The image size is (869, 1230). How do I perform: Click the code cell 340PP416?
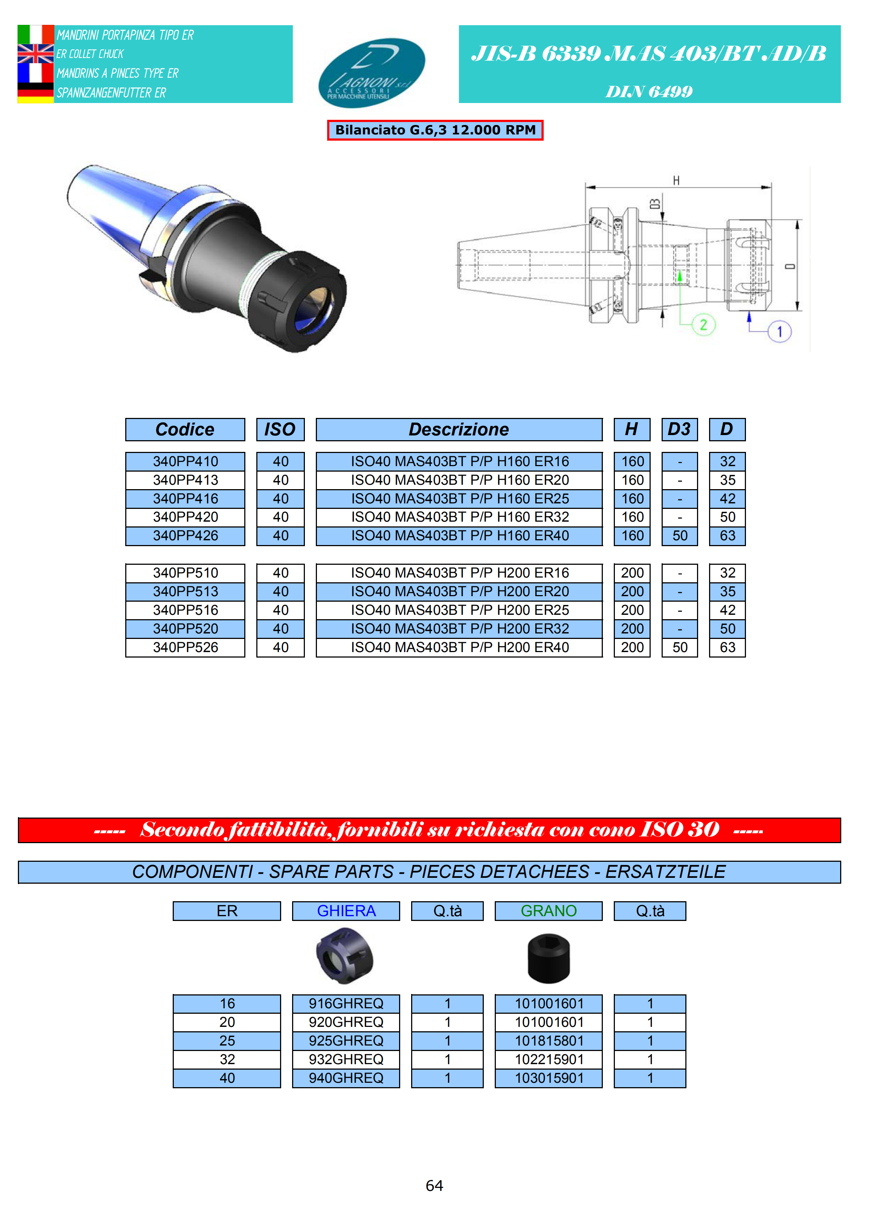[x=185, y=498]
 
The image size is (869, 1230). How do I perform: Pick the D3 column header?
[x=679, y=429]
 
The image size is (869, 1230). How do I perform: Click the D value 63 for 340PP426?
[x=727, y=535]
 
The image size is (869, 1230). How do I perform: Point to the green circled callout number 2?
[x=703, y=325]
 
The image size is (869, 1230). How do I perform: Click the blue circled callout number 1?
[x=779, y=332]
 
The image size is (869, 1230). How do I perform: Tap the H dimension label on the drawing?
[x=676, y=180]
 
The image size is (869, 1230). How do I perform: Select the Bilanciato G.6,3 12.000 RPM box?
[x=435, y=130]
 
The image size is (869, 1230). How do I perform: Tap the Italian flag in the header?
[x=35, y=34]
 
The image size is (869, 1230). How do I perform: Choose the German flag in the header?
[x=35, y=93]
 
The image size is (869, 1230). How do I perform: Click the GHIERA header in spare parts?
[x=346, y=911]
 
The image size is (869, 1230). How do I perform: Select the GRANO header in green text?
[x=548, y=911]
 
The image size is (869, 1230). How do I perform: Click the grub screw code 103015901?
[x=549, y=1078]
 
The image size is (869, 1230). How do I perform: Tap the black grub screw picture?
[x=548, y=959]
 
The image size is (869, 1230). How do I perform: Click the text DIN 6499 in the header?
[x=649, y=92]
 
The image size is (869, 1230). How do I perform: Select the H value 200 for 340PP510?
[x=632, y=573]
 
